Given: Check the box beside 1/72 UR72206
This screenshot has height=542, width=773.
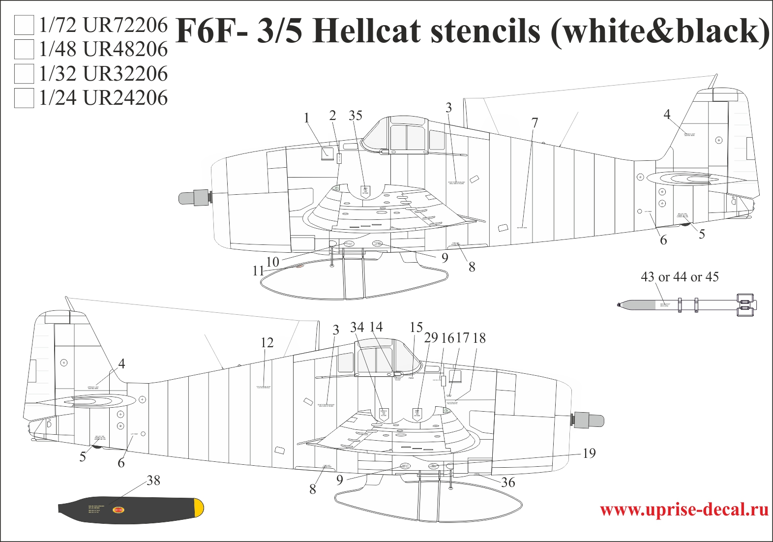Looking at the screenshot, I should (24, 25).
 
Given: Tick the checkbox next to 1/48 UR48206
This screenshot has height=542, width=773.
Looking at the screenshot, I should (24, 49).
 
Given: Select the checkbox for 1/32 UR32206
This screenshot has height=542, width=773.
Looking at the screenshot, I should (24, 73).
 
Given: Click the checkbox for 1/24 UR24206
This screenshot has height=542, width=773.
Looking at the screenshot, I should (24, 97).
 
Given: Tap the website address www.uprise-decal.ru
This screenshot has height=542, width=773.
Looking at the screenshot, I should (684, 509).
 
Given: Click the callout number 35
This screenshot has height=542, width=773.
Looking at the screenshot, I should (355, 116).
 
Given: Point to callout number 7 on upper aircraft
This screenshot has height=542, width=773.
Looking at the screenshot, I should (535, 123).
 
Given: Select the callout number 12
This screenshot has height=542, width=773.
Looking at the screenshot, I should (267, 342).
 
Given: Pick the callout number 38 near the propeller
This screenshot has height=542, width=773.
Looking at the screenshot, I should (153, 481).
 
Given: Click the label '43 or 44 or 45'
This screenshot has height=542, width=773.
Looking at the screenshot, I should (680, 277).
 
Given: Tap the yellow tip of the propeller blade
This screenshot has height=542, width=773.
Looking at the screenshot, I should (199, 508).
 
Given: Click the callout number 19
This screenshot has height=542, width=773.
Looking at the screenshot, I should (589, 453).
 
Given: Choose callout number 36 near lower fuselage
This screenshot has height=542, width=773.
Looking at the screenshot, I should (508, 482).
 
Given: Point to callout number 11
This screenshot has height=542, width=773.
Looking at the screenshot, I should (258, 271).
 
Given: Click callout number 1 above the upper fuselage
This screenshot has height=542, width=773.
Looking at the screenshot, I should (307, 118).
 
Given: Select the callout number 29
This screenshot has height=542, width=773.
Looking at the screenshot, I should (431, 337).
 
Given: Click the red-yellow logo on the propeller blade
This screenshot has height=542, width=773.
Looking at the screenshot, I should (119, 511).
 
